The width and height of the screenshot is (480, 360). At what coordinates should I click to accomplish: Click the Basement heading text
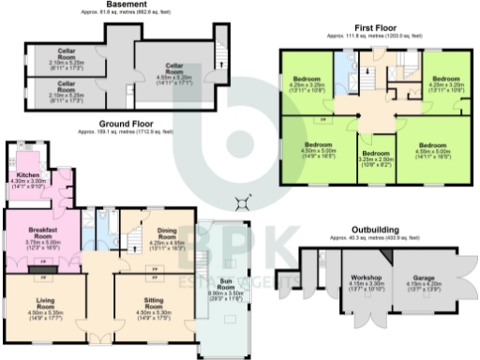(127, 5)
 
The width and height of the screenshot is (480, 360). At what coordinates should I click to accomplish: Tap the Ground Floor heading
(127, 124)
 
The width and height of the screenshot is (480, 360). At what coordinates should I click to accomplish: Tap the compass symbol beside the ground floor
(246, 200)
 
